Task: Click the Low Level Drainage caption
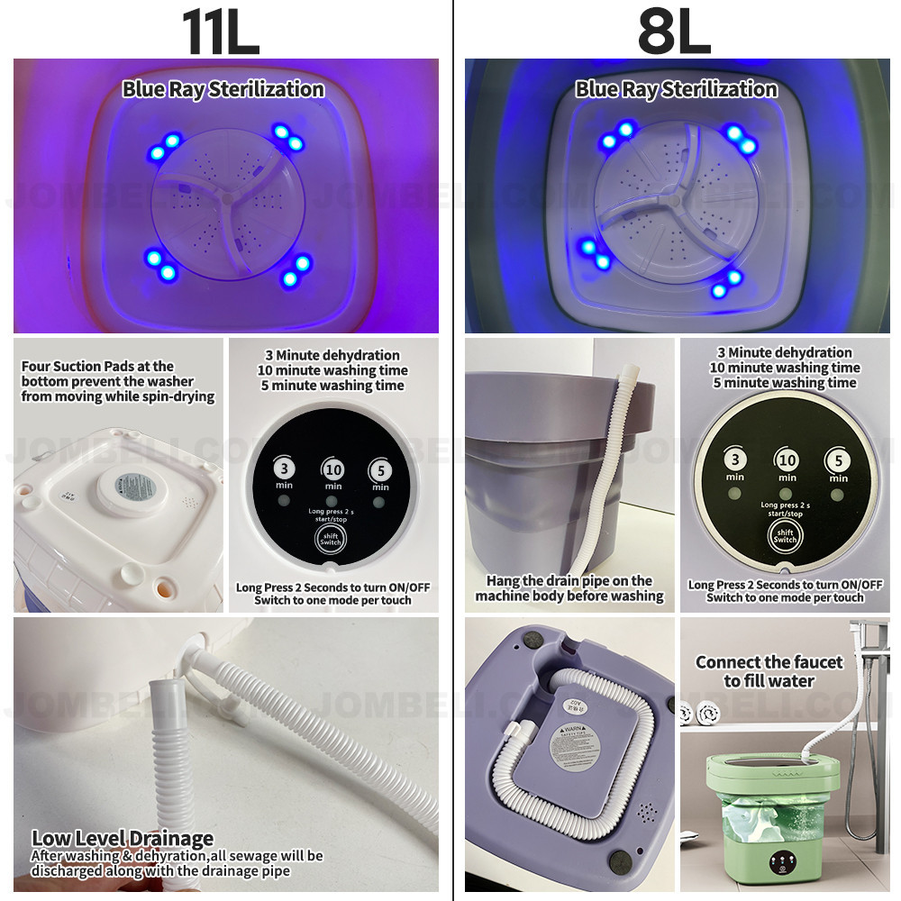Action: (123, 839)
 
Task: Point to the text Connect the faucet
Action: (769, 662)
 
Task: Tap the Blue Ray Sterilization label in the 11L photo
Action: (223, 89)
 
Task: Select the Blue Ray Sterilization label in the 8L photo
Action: (676, 89)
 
